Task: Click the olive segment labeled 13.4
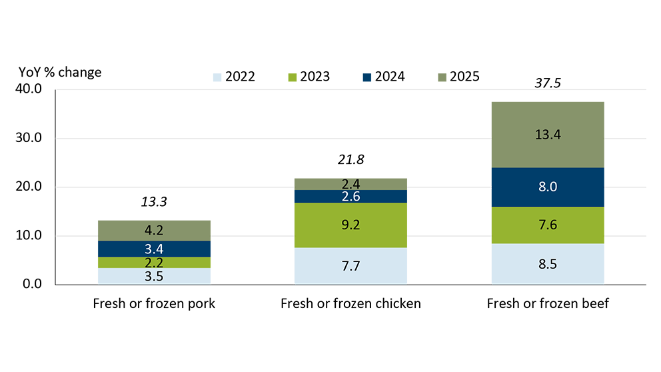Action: (x=548, y=133)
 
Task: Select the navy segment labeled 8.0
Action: (x=548, y=188)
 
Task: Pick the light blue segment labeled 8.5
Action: (x=548, y=263)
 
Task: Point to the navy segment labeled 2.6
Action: (x=350, y=196)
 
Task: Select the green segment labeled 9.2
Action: (x=350, y=225)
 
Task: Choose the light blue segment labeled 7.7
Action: (x=350, y=265)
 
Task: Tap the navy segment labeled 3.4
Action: (x=155, y=249)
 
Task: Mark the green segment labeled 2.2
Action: (x=155, y=262)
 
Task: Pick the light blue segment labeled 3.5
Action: (x=155, y=275)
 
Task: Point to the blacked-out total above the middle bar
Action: (x=350, y=157)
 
